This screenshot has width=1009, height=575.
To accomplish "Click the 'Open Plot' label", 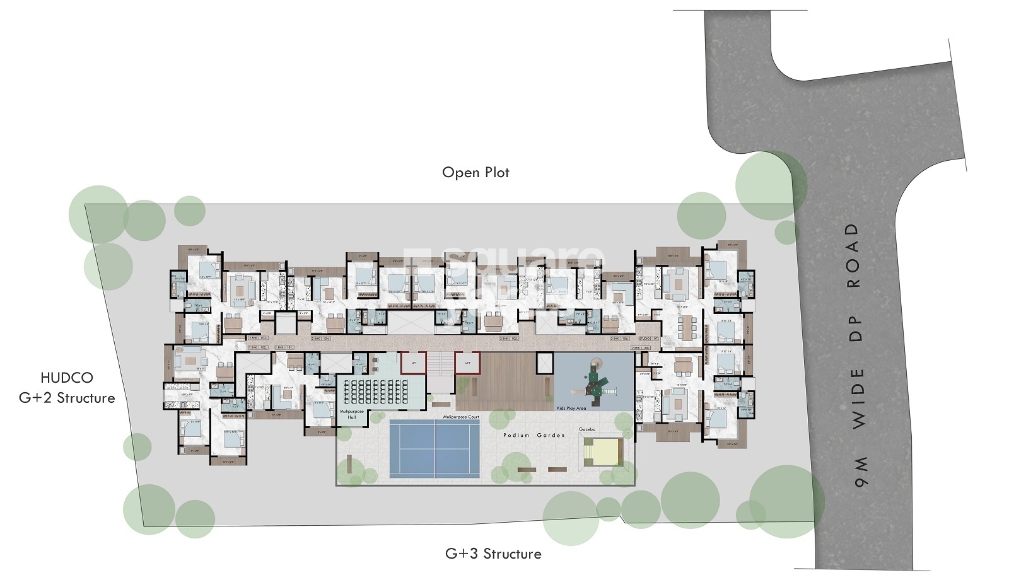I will (x=475, y=173).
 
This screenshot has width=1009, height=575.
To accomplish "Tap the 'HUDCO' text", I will (x=66, y=378).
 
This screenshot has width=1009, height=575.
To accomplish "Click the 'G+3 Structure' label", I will (x=493, y=554).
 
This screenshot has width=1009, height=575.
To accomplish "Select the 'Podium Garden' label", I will (x=534, y=436).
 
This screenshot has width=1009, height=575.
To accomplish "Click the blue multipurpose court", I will (x=435, y=448).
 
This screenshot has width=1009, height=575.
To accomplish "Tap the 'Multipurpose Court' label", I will (x=460, y=417).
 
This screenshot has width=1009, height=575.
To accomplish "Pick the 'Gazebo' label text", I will (x=587, y=429).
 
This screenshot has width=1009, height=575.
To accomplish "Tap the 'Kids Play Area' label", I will (x=571, y=408).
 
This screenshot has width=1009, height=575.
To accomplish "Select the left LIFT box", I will (x=414, y=363).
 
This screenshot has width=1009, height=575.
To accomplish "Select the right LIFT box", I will (x=467, y=363).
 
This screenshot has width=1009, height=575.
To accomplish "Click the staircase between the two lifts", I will (x=441, y=363).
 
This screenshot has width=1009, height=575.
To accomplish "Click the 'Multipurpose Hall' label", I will (x=352, y=414).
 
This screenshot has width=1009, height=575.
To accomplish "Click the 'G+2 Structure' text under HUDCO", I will (x=67, y=398).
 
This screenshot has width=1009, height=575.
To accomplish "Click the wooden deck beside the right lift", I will (x=504, y=381).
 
